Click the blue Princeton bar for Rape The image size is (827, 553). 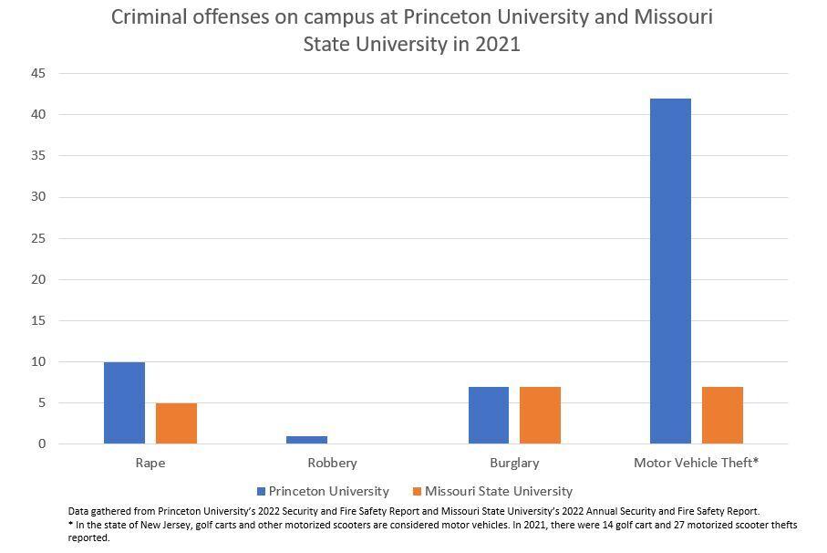point(124,402)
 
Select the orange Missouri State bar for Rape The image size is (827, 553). point(176,423)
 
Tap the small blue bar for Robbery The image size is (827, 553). point(306,440)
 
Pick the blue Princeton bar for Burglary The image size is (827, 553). point(489,415)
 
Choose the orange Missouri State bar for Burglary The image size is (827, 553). point(540,415)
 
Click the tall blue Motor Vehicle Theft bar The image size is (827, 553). point(670,271)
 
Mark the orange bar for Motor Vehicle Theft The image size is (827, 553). point(722,415)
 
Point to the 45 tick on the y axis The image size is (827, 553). point(39,73)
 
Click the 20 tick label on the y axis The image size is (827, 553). point(39,279)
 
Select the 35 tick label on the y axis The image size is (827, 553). point(39,156)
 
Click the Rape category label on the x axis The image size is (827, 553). point(150,463)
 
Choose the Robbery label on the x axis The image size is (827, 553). point(332,463)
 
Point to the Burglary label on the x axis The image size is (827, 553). point(514,463)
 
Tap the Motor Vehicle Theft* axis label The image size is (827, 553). point(696,463)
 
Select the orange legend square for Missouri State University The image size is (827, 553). point(417,491)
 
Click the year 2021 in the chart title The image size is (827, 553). point(499,44)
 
